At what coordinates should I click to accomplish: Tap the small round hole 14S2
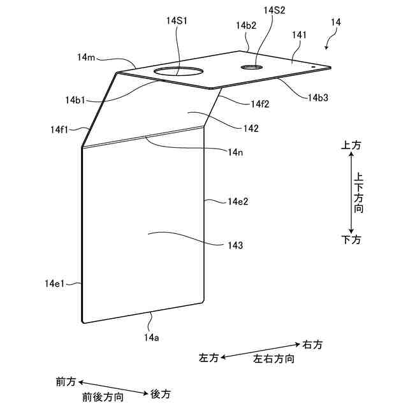pos(251,66)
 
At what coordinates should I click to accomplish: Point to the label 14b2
pos(245,25)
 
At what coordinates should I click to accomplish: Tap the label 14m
pos(86,57)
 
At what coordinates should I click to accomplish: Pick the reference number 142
pos(251,128)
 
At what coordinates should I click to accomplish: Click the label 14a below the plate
pos(151,337)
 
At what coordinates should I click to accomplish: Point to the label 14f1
pos(60,129)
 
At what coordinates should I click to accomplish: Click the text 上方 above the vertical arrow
pos(351,145)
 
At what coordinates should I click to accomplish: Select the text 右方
pos(312,345)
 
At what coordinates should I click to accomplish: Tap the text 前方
pos(66,382)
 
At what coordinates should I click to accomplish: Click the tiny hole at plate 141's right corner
pos(313,65)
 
